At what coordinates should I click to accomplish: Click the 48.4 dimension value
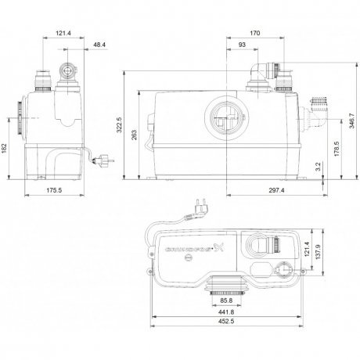click(99, 45)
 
